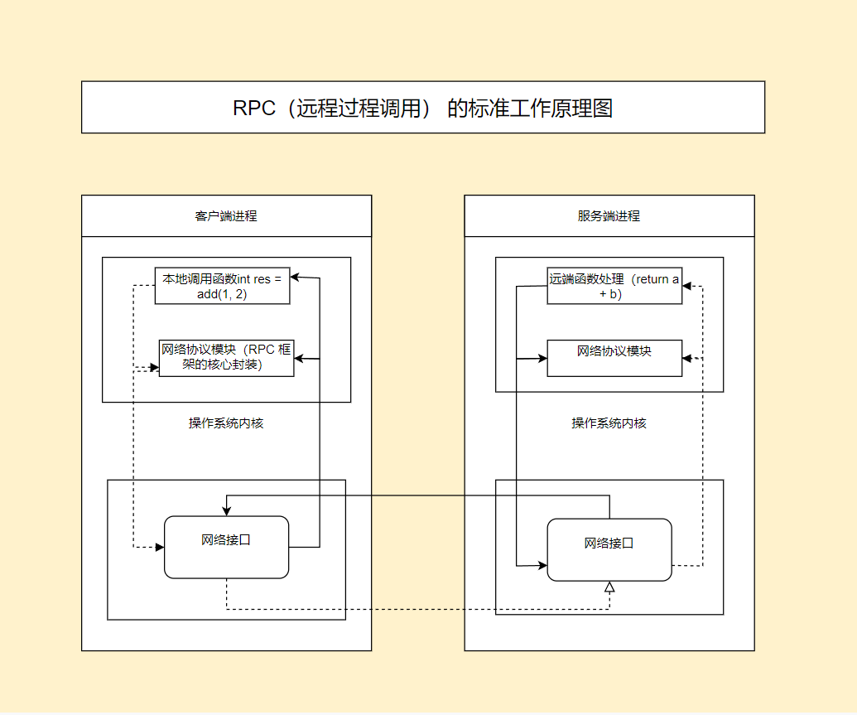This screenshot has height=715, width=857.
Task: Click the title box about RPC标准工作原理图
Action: pyautogui.click(x=422, y=108)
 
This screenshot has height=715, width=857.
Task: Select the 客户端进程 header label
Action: pyautogui.click(x=226, y=216)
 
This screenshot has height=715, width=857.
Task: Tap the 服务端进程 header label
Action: pyautogui.click(x=609, y=216)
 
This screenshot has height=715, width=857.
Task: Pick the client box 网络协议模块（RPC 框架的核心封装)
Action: pyautogui.click(x=226, y=358)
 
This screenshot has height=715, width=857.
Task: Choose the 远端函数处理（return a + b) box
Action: pyautogui.click(x=614, y=286)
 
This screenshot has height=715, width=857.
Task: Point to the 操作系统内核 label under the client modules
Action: pyautogui.click(x=226, y=423)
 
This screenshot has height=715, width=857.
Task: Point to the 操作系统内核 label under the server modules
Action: pyautogui.click(x=609, y=423)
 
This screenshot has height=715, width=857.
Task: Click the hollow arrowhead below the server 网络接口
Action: pyautogui.click(x=609, y=587)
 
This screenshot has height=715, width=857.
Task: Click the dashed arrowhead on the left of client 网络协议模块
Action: pyautogui.click(x=154, y=367)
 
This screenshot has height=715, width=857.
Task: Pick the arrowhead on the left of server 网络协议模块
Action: pyautogui.click(x=542, y=358)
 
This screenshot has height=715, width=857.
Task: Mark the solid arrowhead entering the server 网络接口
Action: pyautogui.click(x=542, y=566)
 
